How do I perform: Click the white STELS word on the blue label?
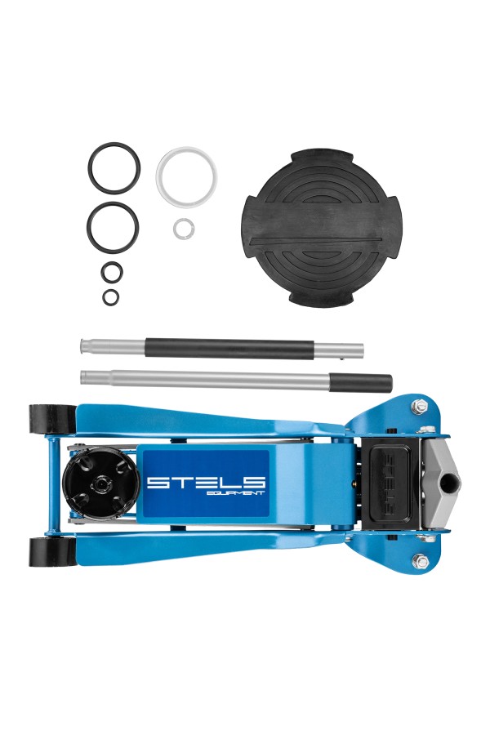tap(207, 482)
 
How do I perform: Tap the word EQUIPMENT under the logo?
tap(238, 492)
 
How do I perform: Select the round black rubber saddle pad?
tap(315, 228)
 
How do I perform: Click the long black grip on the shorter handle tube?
tap(229, 350)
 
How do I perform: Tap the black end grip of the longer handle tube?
tap(361, 382)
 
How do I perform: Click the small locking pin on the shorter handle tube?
tap(344, 359)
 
